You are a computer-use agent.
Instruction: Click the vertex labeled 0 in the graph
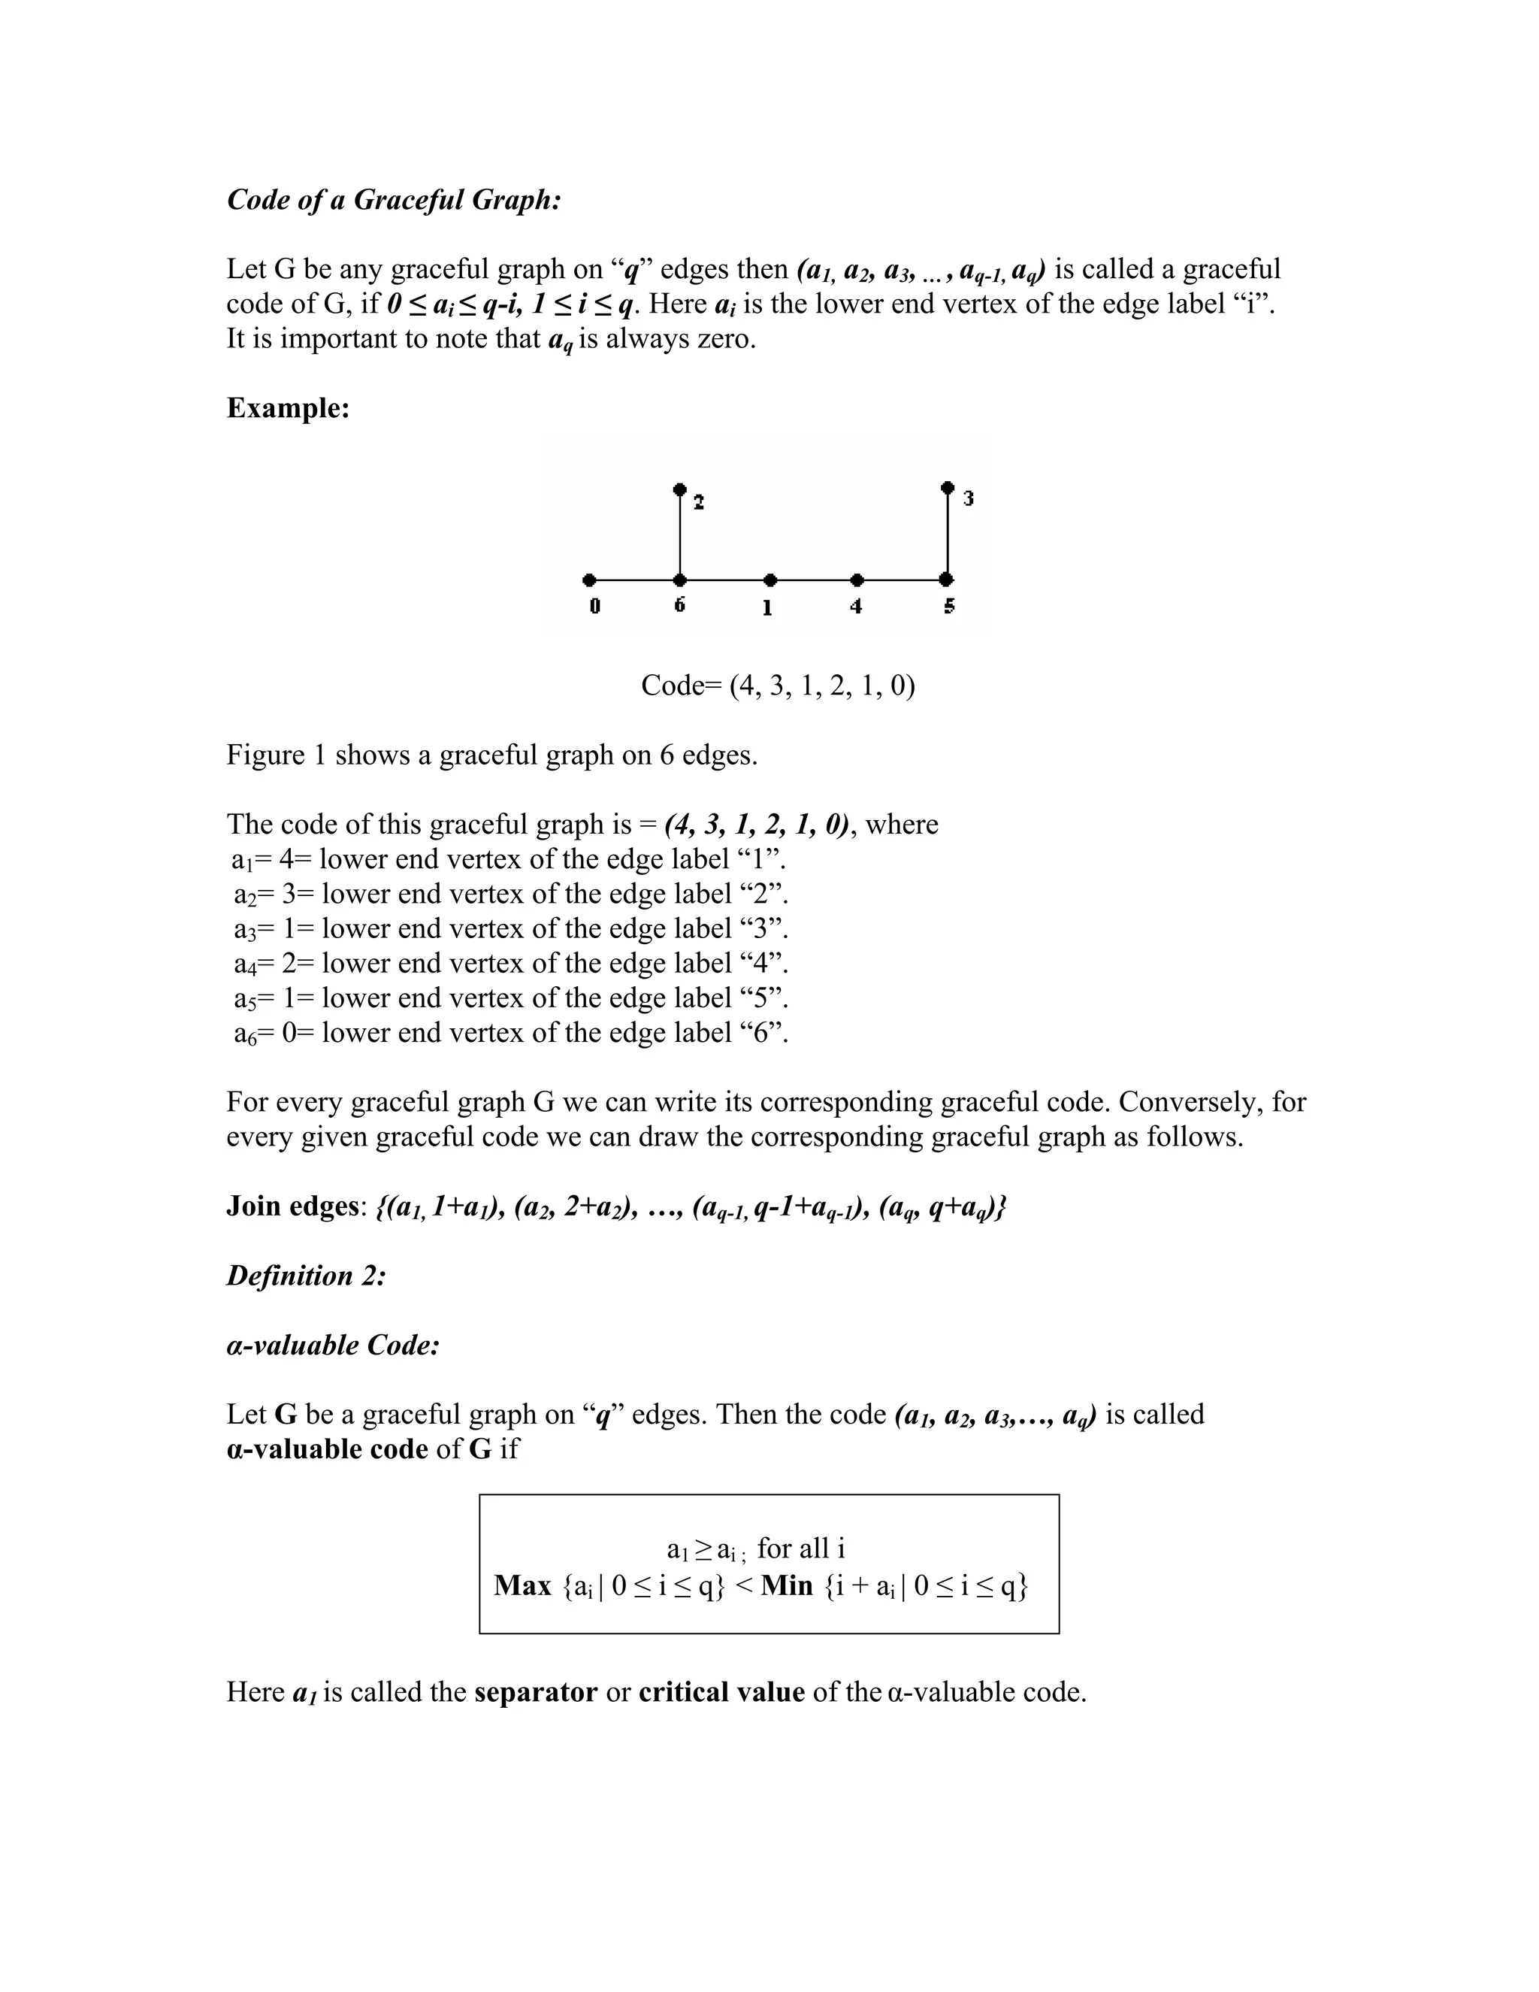point(590,579)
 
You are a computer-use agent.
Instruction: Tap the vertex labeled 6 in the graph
point(680,579)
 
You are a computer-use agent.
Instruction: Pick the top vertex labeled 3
point(948,487)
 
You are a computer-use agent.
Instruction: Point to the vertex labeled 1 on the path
point(770,579)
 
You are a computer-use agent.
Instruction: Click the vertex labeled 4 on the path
point(857,579)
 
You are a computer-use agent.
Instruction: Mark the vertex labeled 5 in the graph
point(948,579)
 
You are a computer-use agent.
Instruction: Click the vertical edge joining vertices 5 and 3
point(948,534)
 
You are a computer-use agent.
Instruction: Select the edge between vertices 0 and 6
point(634,579)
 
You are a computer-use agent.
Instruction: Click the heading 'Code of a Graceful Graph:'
point(393,200)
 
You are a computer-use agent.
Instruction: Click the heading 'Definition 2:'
point(307,1275)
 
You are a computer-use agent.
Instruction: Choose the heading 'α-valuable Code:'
point(334,1345)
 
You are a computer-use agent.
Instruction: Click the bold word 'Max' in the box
point(522,1585)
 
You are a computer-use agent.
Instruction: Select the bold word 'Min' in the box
point(786,1585)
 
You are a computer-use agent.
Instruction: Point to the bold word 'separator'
point(535,1692)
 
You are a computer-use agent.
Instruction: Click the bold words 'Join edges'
point(292,1206)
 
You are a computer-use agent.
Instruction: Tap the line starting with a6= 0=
point(510,1033)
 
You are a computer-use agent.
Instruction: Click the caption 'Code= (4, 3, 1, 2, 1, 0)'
point(778,685)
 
